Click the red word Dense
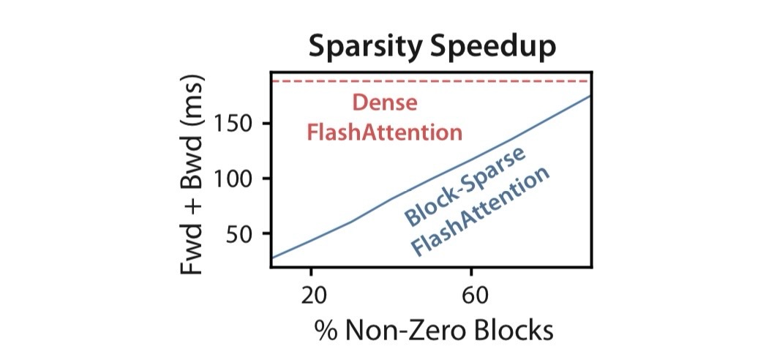point(385,102)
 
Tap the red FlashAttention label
point(385,132)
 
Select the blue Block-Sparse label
point(465,186)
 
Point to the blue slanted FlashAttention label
point(479,214)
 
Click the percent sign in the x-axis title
point(323,331)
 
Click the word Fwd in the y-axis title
point(193,247)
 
